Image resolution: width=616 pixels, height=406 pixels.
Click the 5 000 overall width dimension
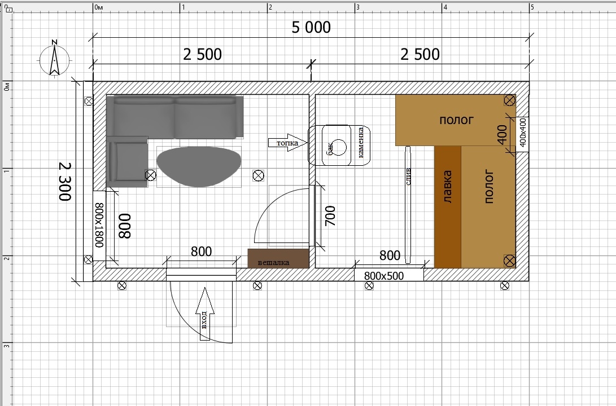click(x=311, y=28)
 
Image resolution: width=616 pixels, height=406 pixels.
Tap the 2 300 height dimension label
click(x=65, y=181)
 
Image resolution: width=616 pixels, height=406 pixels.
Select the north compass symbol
click(x=54, y=60)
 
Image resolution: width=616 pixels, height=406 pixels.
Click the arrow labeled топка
click(x=287, y=143)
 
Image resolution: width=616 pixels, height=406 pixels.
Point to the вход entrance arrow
click(x=205, y=314)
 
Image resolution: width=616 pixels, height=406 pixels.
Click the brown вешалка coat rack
click(x=278, y=258)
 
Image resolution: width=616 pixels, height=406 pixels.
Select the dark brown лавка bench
click(x=448, y=207)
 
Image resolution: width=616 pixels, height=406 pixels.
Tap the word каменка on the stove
click(x=361, y=143)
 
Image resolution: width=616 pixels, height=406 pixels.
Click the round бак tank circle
click(x=338, y=148)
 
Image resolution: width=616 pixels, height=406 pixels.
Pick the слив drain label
click(x=408, y=176)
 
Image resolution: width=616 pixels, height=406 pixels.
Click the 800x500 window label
click(x=384, y=276)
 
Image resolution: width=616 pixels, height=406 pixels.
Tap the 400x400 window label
click(x=522, y=133)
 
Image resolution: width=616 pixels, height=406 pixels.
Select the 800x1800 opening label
click(x=99, y=225)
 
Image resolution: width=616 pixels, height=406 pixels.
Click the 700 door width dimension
click(x=331, y=216)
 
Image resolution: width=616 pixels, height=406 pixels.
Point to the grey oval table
click(x=199, y=166)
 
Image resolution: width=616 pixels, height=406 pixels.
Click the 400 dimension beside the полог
click(x=502, y=135)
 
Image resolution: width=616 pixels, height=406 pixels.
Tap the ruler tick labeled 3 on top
click(x=358, y=7)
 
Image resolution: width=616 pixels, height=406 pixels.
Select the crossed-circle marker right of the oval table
click(x=258, y=176)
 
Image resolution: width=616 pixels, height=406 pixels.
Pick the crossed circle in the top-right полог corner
click(x=509, y=101)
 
